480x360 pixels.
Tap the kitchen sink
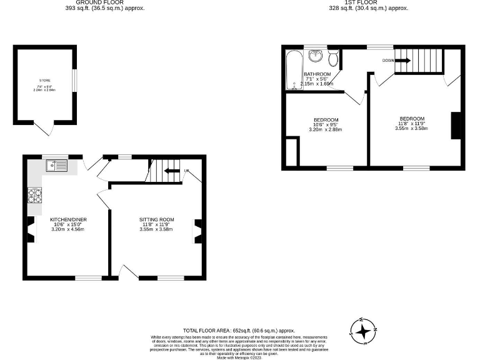point(56,165)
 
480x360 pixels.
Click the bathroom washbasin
point(317,55)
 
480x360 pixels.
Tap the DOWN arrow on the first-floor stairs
point(401,61)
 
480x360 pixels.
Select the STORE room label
point(44,81)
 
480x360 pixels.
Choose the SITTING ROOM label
point(156,219)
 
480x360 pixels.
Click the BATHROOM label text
point(317,74)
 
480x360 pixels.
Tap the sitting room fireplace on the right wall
point(197,231)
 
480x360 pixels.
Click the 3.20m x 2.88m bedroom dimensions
point(326,130)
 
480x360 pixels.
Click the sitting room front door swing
point(128,271)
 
